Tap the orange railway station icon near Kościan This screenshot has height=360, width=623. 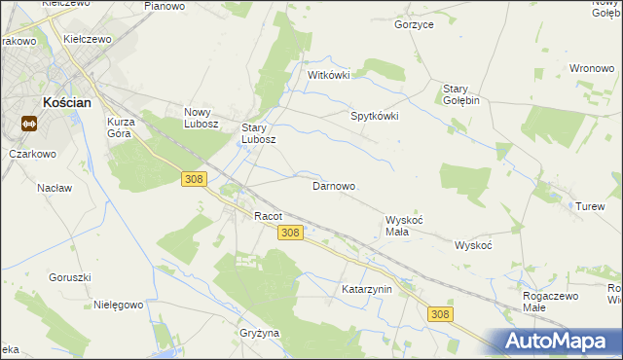(28, 124)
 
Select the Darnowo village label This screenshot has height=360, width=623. (333, 186)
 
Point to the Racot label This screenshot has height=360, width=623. (268, 216)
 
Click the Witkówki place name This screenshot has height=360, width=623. (328, 75)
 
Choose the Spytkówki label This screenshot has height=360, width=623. (375, 116)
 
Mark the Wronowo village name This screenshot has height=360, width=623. (590, 69)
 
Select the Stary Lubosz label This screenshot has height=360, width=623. (259, 133)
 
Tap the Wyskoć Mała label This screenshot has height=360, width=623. (404, 227)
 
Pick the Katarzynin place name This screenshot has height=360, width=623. (366, 290)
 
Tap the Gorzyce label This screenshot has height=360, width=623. (414, 24)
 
